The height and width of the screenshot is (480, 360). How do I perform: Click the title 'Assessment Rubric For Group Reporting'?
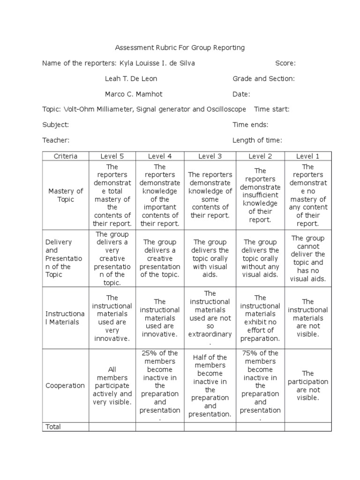[x=180, y=48]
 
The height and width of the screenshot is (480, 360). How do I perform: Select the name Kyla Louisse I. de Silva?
[x=157, y=63]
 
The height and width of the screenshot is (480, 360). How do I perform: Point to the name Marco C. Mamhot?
[x=133, y=94]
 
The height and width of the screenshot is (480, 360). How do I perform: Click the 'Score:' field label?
[x=285, y=63]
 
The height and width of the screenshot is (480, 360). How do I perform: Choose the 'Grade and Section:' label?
[x=263, y=79]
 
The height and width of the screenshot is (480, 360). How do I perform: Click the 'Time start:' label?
[x=271, y=109]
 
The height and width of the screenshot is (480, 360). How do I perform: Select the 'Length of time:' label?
[x=257, y=140]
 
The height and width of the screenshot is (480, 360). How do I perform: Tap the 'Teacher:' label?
[x=56, y=140]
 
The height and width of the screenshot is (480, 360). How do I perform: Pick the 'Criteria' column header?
[x=66, y=156]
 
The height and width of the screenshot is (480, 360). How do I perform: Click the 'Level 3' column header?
[x=210, y=156]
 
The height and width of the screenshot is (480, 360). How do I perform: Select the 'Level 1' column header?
[x=307, y=156]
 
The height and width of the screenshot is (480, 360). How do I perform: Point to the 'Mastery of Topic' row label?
[x=66, y=195]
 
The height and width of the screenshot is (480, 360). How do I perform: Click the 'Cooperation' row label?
[x=65, y=385]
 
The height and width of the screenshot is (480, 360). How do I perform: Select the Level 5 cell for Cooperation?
[x=112, y=385]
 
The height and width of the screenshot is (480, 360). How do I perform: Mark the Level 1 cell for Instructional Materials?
[x=307, y=318]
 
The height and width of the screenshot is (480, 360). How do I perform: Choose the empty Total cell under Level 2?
[x=260, y=427]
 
